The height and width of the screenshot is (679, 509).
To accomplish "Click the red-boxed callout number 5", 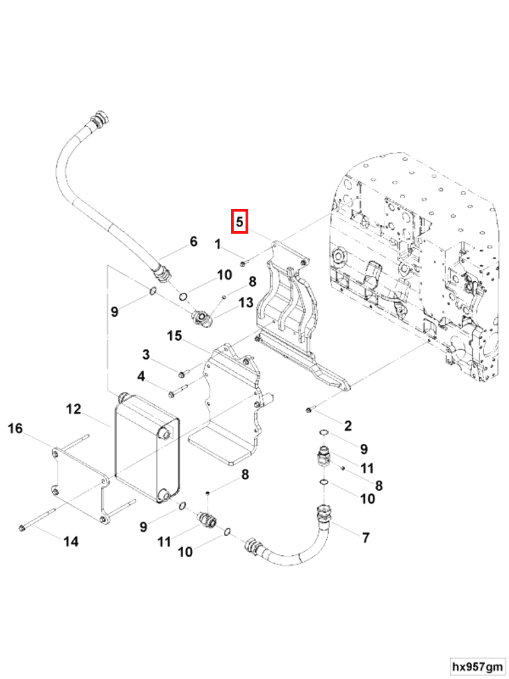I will (240, 221).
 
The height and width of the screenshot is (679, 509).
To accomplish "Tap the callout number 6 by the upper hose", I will (194, 242).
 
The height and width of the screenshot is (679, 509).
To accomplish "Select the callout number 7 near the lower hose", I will (365, 537).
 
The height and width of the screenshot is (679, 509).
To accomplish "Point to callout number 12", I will (73, 408).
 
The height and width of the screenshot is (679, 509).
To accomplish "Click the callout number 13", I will (245, 303).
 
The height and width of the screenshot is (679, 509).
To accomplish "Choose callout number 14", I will (71, 541).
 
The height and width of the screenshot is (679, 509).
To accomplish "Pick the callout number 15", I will (174, 335).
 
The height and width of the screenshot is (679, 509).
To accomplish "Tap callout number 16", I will (15, 429).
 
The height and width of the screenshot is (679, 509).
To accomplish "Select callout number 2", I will (348, 426).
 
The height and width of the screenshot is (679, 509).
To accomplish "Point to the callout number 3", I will (145, 354).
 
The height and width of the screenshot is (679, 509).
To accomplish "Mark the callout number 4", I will (141, 376).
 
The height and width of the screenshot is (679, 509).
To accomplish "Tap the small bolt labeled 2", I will (308, 408).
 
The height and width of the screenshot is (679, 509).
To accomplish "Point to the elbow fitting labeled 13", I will (202, 319).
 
